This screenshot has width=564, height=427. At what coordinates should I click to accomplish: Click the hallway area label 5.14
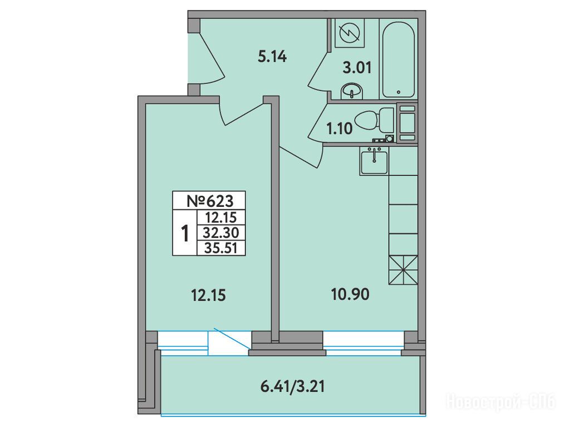pos(272,57)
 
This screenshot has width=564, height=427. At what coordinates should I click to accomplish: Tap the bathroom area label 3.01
pos(357,67)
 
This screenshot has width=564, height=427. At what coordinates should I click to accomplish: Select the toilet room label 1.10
pos(339,128)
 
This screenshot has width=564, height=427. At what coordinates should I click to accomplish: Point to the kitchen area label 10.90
pos(350,295)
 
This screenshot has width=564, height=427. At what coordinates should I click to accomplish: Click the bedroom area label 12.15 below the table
pos(208,296)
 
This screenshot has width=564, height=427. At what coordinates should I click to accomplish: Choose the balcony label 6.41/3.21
pos(292,386)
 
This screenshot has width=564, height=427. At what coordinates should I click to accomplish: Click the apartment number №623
pos(210,201)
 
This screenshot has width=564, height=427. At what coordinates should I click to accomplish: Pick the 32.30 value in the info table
pos(221,233)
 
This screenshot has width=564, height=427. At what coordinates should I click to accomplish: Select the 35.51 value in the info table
pos(221,248)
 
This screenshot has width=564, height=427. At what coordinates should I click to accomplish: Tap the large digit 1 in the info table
pos(185,234)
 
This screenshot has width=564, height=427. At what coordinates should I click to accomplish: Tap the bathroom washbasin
pos(352,91)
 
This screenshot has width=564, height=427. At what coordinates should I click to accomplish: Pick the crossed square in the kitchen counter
pos(403,270)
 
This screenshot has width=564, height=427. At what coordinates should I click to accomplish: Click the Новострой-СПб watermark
pos(502,401)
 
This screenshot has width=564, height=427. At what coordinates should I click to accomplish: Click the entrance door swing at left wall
pos(207,58)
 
